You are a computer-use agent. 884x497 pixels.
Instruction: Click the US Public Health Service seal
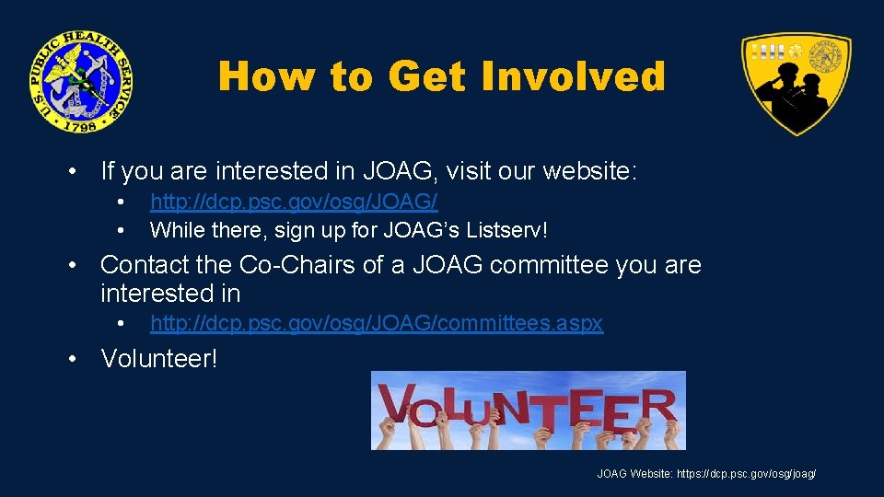tap(79, 81)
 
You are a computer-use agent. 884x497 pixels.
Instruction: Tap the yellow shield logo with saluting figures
tap(797, 83)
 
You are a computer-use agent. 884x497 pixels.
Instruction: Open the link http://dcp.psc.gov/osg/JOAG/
tap(294, 202)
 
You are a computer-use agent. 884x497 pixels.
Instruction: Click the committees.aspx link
tap(377, 324)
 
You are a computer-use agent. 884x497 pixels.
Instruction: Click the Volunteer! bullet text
tap(159, 358)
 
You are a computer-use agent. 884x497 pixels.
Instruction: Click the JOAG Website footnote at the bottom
tap(706, 474)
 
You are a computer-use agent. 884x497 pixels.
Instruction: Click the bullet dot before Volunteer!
tap(72, 359)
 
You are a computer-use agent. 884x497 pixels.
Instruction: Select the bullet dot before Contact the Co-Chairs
tap(72, 266)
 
